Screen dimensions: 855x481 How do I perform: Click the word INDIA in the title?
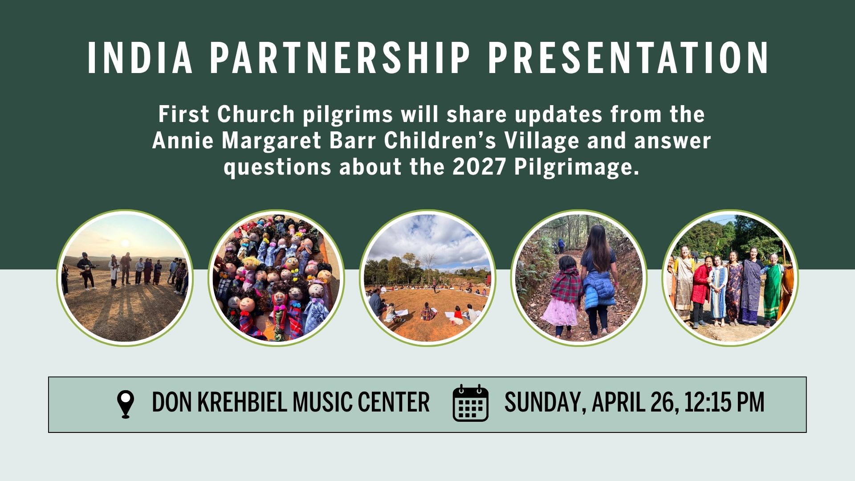tap(140, 58)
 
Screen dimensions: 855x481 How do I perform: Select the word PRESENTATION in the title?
tap(628, 58)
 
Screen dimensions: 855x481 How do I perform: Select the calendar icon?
tap(470, 403)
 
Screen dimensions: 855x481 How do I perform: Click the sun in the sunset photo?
tap(125, 243)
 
